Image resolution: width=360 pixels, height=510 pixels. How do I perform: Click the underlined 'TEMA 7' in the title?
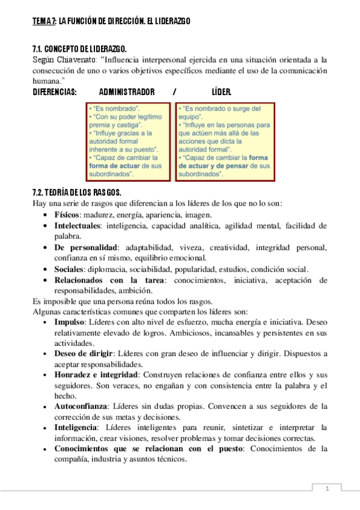[44, 22]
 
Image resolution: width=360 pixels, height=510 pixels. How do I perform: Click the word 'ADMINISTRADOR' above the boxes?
[127, 92]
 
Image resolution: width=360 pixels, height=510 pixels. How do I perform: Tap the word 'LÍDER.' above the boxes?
[221, 92]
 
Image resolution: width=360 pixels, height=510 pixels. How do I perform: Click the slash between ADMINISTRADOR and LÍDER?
[174, 92]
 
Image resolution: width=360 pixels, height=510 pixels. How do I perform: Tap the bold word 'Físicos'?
[67, 214]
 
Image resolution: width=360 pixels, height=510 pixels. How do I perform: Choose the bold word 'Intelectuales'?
[76, 226]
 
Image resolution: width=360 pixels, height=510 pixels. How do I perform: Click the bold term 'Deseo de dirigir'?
[82, 354]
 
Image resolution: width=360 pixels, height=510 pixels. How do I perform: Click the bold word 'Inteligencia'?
[77, 428]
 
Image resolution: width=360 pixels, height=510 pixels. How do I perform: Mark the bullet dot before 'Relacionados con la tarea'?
[47, 280]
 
